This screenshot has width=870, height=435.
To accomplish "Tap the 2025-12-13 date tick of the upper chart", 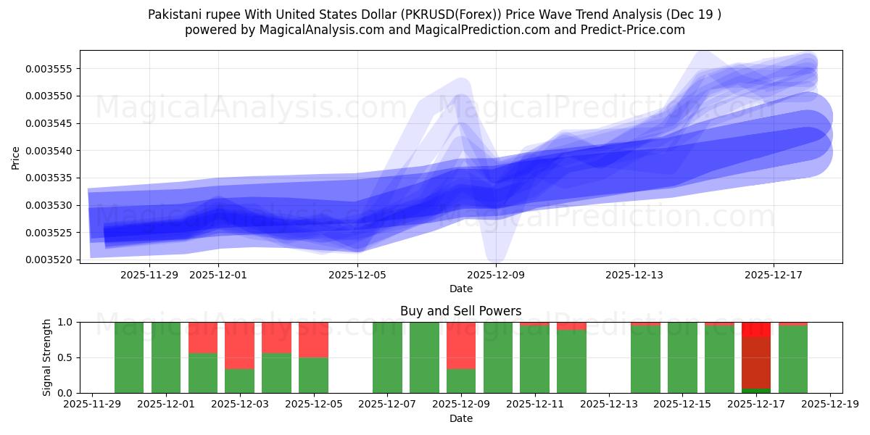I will tap(634, 275).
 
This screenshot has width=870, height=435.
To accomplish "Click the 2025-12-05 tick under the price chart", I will tap(357, 275).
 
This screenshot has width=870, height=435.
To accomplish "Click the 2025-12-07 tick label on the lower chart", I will tap(387, 405).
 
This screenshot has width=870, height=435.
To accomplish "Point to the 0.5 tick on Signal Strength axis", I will tap(65, 357).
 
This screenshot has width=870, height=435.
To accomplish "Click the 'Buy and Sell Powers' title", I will tap(460, 311).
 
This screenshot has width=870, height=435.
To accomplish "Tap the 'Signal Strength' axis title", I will tap(47, 357).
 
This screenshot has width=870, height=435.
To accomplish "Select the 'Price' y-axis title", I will tap(16, 157).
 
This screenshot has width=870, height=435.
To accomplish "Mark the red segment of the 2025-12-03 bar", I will tap(239, 345).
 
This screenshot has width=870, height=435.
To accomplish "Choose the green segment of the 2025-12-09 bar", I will tap(461, 381).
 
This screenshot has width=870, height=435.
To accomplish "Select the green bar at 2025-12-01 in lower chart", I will tap(166, 357).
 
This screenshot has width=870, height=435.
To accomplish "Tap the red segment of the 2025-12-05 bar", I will tap(313, 339).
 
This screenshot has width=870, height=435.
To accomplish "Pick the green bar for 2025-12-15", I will tap(682, 357).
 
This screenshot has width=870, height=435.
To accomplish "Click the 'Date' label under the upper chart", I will tap(460, 289).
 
